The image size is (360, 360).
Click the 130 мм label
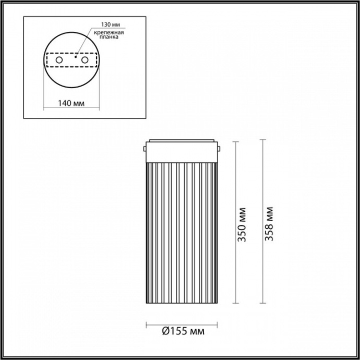[110, 26]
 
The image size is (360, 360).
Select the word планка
[110, 38]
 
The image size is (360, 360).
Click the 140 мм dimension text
[71, 102]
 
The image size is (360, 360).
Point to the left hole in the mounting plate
[59, 60]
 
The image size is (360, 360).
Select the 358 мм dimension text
[269, 223]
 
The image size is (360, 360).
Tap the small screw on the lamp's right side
[220, 150]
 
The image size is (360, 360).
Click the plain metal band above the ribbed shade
[182, 151]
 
